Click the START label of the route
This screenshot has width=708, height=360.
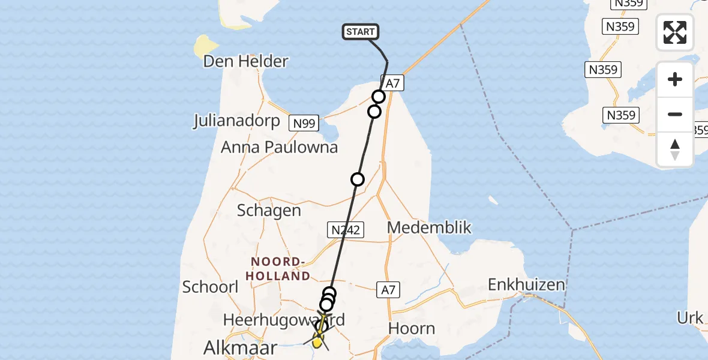pyautogui.click(x=361, y=32)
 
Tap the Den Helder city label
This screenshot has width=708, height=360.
pyautogui.click(x=246, y=61)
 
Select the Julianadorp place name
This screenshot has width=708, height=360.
pyautogui.click(x=236, y=121)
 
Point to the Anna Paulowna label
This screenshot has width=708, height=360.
pyautogui.click(x=279, y=147)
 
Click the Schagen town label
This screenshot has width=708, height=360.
pyautogui.click(x=269, y=210)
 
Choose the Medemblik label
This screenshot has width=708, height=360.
pyautogui.click(x=429, y=227)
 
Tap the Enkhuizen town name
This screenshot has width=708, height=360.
pyautogui.click(x=527, y=284)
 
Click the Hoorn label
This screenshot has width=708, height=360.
pyautogui.click(x=411, y=328)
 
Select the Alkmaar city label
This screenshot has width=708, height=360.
pyautogui.click(x=240, y=347)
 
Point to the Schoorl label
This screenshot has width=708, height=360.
pyautogui.click(x=211, y=287)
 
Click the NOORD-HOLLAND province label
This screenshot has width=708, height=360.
pyautogui.click(x=281, y=269)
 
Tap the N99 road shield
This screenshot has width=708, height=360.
pyautogui.click(x=303, y=124)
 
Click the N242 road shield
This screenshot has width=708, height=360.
pyautogui.click(x=345, y=229)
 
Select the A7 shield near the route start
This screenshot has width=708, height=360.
pyautogui.click(x=392, y=83)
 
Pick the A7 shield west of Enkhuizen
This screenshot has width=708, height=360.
pyautogui.click(x=388, y=290)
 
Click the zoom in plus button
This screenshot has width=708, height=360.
pyautogui.click(x=675, y=79)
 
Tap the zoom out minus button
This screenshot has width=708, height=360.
pyautogui.click(x=675, y=114)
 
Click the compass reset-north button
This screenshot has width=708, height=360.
pyautogui.click(x=675, y=149)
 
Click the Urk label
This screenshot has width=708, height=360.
pyautogui.click(x=689, y=318)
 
